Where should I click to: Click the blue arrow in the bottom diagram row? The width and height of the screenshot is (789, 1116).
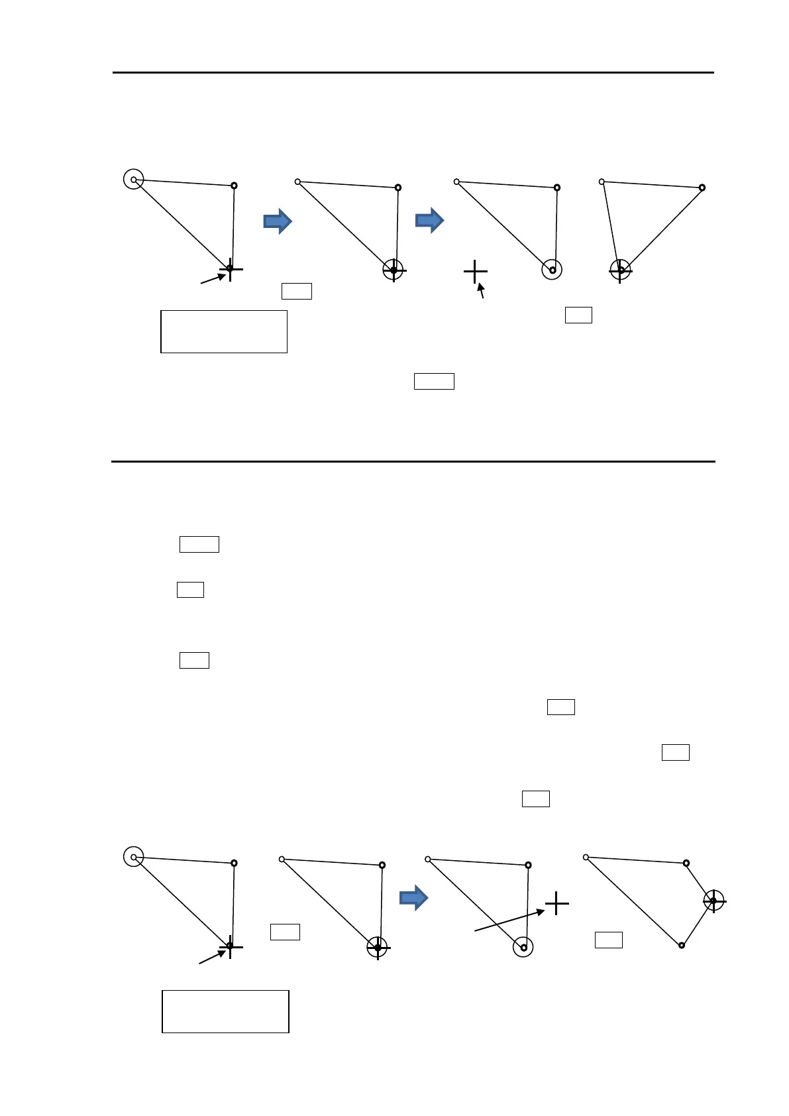pos(414,898)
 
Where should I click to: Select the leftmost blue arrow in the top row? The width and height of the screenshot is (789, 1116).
pos(278,221)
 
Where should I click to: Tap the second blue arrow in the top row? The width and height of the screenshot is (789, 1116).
pos(429,220)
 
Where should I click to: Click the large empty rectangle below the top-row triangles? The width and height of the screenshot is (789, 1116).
pos(224,331)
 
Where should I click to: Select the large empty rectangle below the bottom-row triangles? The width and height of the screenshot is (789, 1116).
pos(225,1011)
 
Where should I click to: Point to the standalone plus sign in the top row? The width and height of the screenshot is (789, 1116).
pos(476,272)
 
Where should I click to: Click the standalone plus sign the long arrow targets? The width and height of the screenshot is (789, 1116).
pos(557,903)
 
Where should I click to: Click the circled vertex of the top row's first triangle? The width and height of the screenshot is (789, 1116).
pos(134,179)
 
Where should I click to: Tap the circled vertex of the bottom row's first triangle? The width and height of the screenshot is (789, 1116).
pos(134,857)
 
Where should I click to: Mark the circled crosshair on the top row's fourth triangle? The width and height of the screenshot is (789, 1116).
pos(620,270)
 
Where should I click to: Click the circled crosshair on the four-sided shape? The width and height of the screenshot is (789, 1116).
pos(713,901)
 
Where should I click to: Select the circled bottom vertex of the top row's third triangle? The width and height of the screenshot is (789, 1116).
pos(552,270)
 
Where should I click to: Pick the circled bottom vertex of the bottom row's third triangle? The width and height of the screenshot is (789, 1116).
pos(523,948)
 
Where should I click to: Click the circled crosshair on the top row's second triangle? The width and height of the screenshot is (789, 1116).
pos(394,270)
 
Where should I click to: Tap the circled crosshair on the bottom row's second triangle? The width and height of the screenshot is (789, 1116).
pos(378,948)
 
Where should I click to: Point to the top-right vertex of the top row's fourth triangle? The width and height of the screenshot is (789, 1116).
pos(702,188)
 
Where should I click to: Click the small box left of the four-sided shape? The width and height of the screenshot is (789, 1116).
pos(608,940)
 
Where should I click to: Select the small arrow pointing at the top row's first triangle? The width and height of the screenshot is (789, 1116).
pos(213,279)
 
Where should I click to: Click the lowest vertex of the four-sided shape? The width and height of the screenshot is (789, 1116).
pos(681,945)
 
